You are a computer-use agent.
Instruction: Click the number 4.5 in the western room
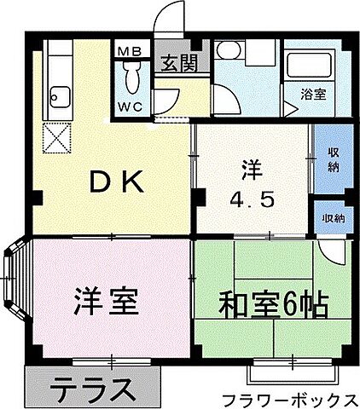point(249,203)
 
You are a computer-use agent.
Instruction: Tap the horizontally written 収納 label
point(334,219)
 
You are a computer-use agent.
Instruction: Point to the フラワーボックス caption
point(288,399)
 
